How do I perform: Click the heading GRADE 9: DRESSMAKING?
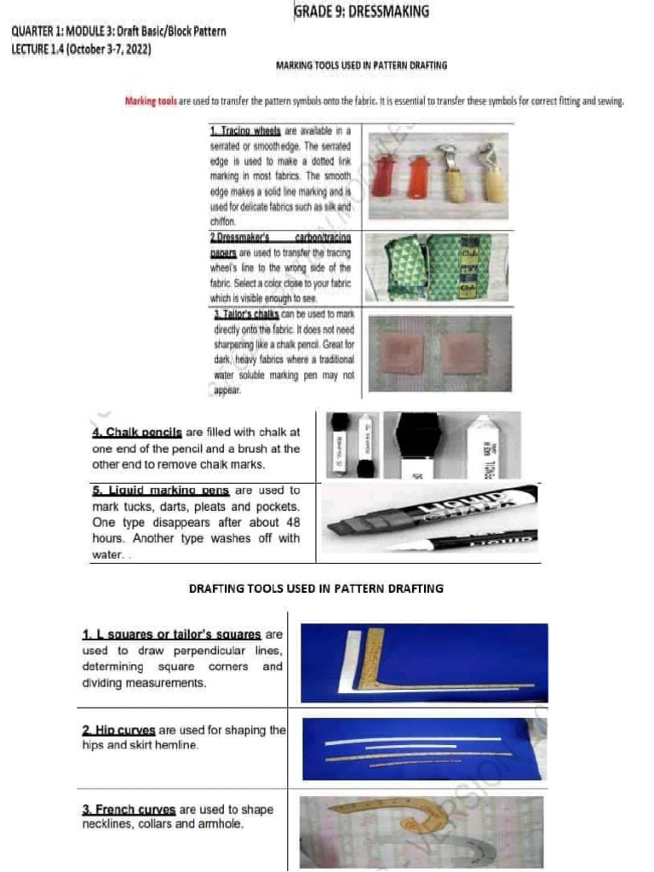click(x=361, y=12)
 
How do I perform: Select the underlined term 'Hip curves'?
click(x=119, y=731)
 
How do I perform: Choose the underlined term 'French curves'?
click(x=129, y=809)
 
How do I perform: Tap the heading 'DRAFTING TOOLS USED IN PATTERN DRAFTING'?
click(x=316, y=588)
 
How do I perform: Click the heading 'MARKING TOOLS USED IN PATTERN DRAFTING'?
click(x=362, y=65)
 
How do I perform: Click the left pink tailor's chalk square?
click(x=402, y=353)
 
